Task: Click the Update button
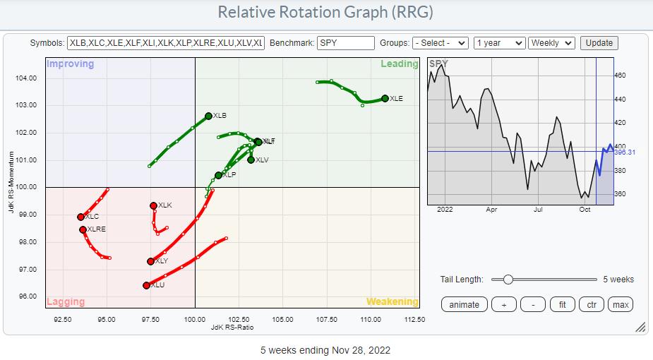599,43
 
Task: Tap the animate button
464,304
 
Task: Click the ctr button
590,304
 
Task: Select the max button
621,304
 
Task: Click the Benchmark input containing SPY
346,43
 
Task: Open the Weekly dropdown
552,43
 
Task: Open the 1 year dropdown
500,43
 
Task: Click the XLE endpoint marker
385,99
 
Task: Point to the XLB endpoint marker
208,116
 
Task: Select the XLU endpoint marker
146,285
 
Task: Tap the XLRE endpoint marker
83,229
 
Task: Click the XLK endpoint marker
153,205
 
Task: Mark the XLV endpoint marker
251,160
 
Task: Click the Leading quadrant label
400,64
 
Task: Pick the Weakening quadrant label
392,301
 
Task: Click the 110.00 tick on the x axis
371,319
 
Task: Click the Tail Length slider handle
507,280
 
